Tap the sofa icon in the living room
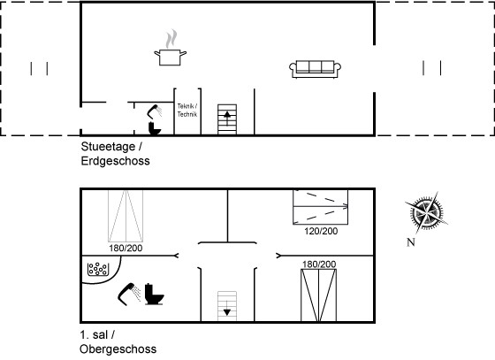click(x=315, y=69)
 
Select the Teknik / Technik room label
click(x=187, y=111)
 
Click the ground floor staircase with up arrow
click(x=227, y=119)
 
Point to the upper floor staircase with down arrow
click(x=227, y=306)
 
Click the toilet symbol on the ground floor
click(x=155, y=128)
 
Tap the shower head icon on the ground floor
click(x=155, y=111)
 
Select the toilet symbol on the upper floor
click(x=155, y=295)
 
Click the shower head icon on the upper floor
click(x=129, y=294)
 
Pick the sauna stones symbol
click(x=98, y=269)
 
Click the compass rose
click(x=426, y=212)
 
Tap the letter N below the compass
click(x=411, y=242)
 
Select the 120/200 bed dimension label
click(x=321, y=231)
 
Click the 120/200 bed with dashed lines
click(x=320, y=207)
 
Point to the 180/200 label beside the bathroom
click(x=126, y=249)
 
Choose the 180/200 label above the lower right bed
click(x=319, y=264)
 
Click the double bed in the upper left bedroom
click(x=126, y=216)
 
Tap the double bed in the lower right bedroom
click(x=319, y=295)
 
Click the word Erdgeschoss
click(x=115, y=161)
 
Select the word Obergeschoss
click(x=118, y=349)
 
